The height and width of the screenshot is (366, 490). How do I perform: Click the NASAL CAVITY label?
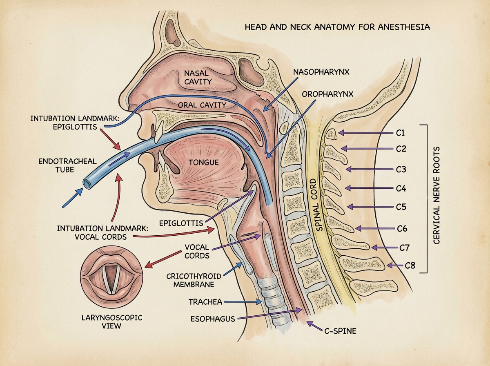click(x=198, y=77)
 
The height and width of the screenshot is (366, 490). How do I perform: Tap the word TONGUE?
click(x=204, y=162)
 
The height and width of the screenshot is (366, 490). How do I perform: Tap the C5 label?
click(x=401, y=207)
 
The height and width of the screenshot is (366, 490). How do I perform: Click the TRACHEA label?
click(x=205, y=302)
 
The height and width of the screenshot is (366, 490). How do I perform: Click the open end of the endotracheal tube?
click(x=87, y=183)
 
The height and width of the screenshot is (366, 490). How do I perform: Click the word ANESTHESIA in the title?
click(x=403, y=28)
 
